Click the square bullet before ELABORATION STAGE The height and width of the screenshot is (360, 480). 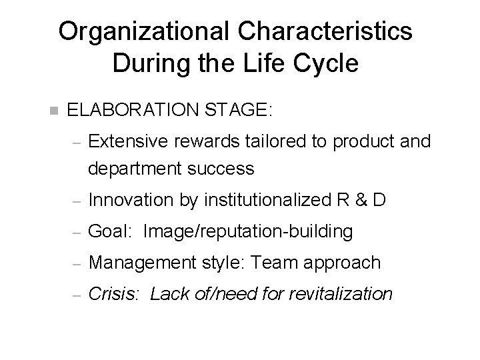(x=54, y=110)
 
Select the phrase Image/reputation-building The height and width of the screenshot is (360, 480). (x=247, y=231)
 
